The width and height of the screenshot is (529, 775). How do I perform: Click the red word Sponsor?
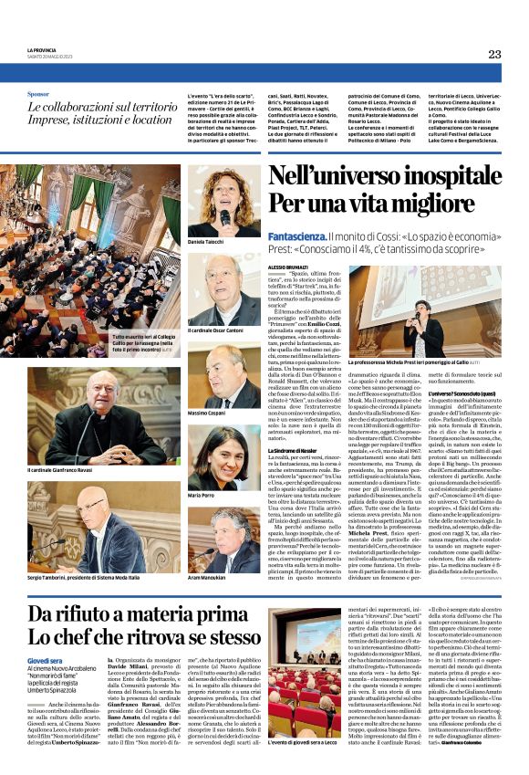coord(38,93)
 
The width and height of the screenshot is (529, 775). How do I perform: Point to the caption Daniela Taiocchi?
coord(207,241)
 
